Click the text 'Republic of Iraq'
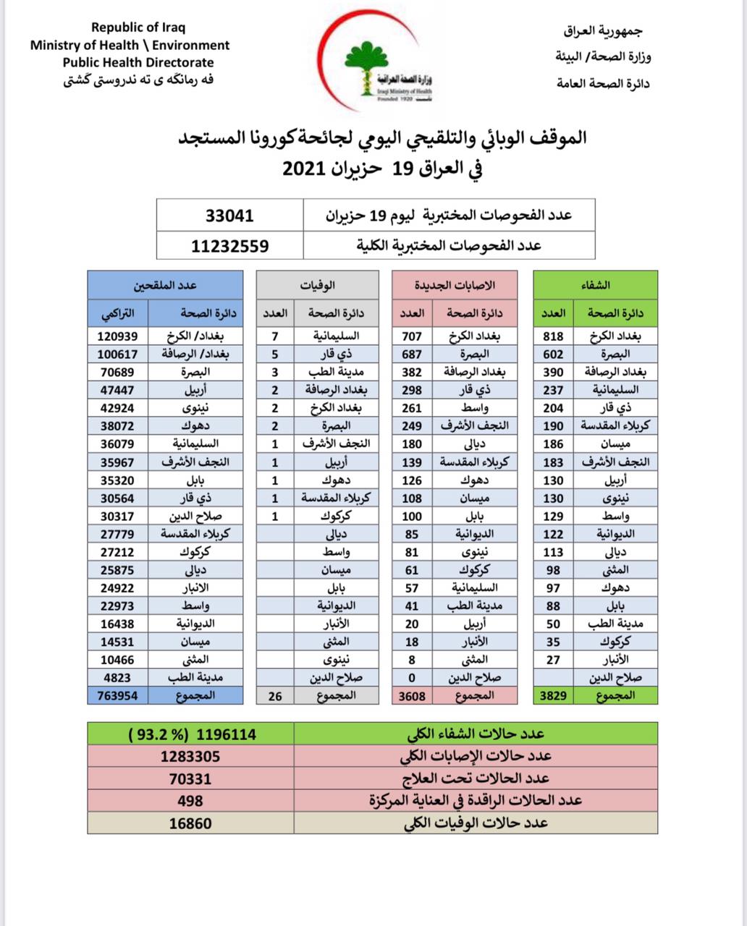(x=138, y=27)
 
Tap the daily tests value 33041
(x=229, y=216)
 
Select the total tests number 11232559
(x=229, y=246)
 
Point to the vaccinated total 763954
(x=113, y=696)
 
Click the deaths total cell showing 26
(x=274, y=696)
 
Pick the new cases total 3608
(x=412, y=696)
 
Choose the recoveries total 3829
(x=553, y=696)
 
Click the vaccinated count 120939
(x=117, y=336)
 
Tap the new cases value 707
(x=412, y=336)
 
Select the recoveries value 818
(x=553, y=336)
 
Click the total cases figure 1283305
(x=190, y=757)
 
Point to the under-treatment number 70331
(x=190, y=778)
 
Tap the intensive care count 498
(x=190, y=801)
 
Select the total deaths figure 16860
(x=190, y=823)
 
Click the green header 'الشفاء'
(x=595, y=285)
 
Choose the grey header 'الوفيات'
(x=317, y=285)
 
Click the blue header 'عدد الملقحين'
(x=165, y=285)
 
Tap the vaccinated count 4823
(x=117, y=678)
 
